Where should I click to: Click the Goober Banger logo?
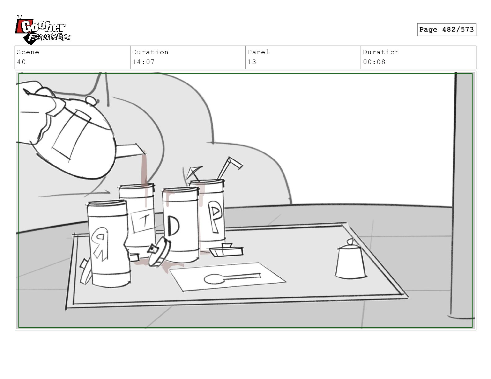click(42, 30)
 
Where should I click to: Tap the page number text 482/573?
click(458, 29)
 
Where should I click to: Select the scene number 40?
click(21, 62)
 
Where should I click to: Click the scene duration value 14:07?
click(143, 62)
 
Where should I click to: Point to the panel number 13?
click(252, 62)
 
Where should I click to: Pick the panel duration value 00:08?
click(374, 62)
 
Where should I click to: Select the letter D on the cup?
click(173, 226)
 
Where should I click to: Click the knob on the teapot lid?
click(91, 100)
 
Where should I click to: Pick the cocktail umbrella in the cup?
click(193, 173)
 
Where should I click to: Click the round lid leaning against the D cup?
click(159, 251)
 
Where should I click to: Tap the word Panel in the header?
click(259, 52)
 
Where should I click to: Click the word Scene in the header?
click(28, 52)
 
